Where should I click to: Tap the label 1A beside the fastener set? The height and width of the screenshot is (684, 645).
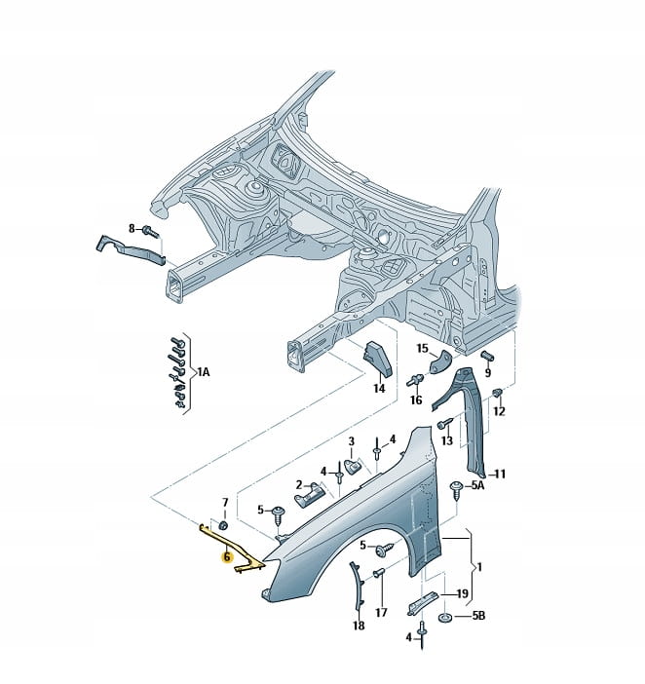[x=203, y=371]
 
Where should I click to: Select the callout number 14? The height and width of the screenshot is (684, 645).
[x=379, y=388]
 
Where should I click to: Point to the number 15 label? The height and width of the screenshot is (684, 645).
[x=422, y=348]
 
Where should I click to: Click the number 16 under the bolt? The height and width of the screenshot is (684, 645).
[x=416, y=399]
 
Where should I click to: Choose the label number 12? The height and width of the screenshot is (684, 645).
[x=499, y=411]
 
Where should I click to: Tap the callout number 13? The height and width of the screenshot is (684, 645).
[x=447, y=441]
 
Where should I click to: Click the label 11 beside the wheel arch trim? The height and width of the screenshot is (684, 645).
[x=500, y=475]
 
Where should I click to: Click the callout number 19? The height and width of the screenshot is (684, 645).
[x=463, y=593]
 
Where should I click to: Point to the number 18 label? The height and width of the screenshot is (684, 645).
[x=359, y=626]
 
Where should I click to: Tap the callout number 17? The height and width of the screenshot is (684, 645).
[x=381, y=613]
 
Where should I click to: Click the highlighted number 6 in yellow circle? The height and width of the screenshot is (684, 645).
[x=226, y=558]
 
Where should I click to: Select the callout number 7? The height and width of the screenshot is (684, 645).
[x=225, y=503]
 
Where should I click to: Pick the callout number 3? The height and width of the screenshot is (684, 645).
[x=353, y=441]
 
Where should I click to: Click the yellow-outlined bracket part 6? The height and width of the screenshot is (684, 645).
[x=239, y=560]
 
